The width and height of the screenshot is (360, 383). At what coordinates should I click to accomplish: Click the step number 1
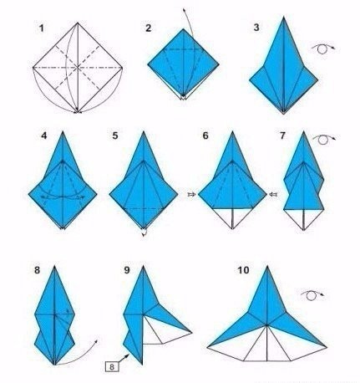tap(42, 28)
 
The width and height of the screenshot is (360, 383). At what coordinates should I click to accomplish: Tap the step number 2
tap(149, 28)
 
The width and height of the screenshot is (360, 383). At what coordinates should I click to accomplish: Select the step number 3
tap(256, 28)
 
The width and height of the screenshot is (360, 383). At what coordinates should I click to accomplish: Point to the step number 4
tap(44, 135)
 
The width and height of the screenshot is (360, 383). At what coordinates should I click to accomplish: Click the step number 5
tap(115, 135)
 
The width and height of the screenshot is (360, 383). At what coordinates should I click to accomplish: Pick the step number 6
tap(205, 135)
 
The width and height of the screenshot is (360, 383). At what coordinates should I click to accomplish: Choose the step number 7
tap(282, 135)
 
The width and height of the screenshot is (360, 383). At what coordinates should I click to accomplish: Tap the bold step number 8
tap(37, 270)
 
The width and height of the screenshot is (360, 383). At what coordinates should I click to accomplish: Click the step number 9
tap(127, 270)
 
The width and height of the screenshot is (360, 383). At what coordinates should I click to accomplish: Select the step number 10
tap(244, 270)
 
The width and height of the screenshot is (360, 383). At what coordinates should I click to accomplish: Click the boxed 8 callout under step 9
tap(112, 366)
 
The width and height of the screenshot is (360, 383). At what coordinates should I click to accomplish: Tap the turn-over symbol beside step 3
tap(323, 49)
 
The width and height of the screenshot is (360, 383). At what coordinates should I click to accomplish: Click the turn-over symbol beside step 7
tap(324, 139)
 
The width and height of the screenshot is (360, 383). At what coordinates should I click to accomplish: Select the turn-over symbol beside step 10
tap(312, 295)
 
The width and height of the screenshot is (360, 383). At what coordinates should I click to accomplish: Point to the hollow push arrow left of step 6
tap(192, 195)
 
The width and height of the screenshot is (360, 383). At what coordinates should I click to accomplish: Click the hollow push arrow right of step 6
tap(273, 195)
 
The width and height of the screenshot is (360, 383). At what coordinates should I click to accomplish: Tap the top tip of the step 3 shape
tap(283, 17)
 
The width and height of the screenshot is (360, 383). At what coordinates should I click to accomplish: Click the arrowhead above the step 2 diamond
tap(184, 10)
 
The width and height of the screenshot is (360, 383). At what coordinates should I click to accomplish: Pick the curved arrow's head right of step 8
tap(96, 341)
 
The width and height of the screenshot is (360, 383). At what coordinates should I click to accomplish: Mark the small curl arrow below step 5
tap(144, 232)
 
